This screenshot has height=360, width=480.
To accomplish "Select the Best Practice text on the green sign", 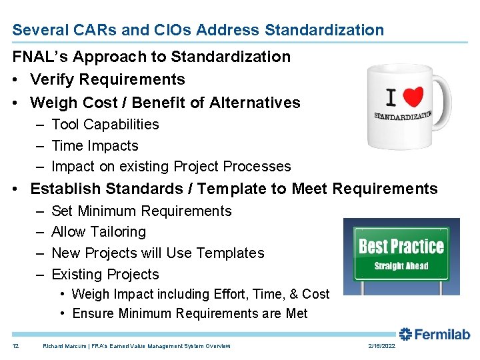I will [x=401, y=247].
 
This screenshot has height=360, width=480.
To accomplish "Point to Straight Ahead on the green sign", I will [x=401, y=266].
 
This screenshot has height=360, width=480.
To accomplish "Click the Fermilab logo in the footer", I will [x=435, y=335].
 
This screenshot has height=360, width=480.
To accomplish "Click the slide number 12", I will [x=15, y=346].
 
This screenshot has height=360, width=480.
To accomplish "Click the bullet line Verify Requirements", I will [x=107, y=79].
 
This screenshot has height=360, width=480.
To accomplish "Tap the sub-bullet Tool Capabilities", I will [x=105, y=125].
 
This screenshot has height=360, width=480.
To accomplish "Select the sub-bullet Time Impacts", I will [x=95, y=146].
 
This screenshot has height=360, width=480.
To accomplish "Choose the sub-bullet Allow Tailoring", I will [x=98, y=232].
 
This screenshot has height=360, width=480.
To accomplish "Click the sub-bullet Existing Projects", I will [x=105, y=275].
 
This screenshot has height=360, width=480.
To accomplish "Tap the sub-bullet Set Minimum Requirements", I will [x=141, y=211].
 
